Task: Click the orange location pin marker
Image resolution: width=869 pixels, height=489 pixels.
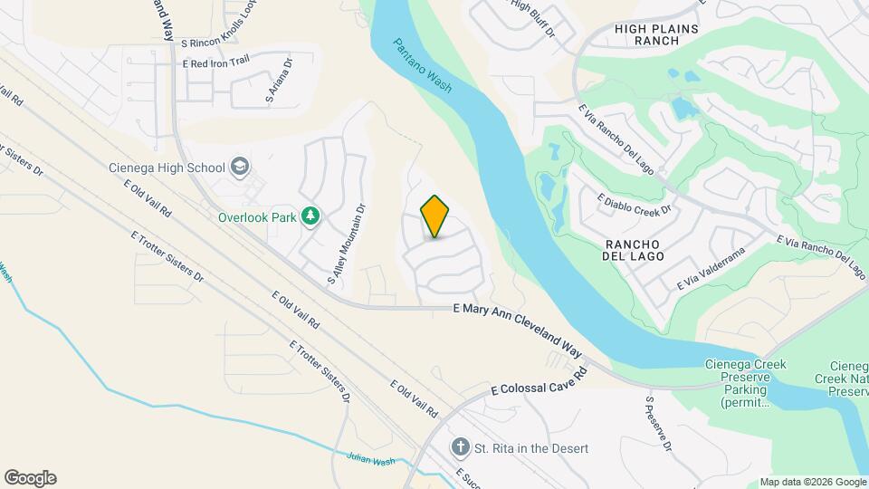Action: click(435, 216)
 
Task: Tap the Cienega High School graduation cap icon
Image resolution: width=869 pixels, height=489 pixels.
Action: click(239, 167)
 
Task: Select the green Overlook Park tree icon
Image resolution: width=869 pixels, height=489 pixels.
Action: click(310, 216)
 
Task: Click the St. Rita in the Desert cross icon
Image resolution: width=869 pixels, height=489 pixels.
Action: click(461, 448)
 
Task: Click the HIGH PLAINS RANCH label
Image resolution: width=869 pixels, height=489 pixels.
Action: click(656, 34)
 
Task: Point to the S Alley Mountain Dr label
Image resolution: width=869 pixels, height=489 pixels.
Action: click(347, 244)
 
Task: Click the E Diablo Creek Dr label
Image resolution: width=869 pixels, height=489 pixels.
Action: click(633, 202)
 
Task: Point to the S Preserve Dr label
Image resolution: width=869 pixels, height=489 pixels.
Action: click(658, 424)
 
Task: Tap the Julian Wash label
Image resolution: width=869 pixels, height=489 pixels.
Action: click(371, 459)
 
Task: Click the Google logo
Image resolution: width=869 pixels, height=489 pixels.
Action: click(30, 477)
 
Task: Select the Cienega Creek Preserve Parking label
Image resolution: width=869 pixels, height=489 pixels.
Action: click(745, 384)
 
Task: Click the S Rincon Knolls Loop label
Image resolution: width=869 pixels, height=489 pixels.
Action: click(220, 43)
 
